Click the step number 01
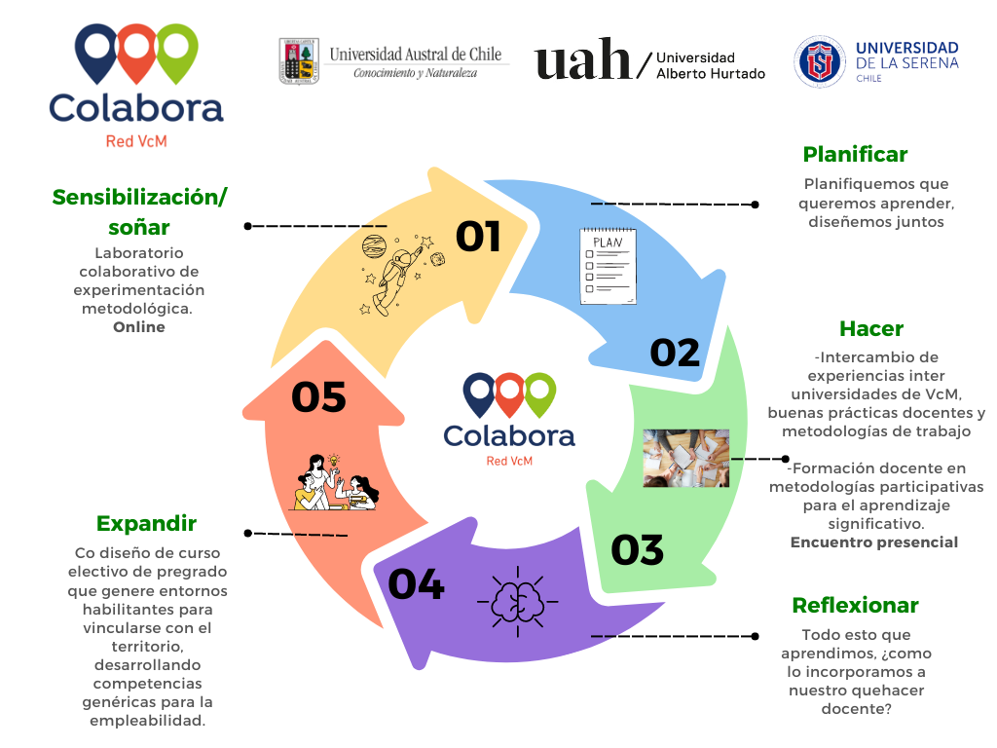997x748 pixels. (x=478, y=236)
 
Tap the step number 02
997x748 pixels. (x=675, y=353)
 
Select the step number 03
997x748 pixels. (x=638, y=550)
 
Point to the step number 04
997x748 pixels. (x=416, y=584)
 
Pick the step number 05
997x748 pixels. (x=318, y=397)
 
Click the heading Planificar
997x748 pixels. (x=855, y=154)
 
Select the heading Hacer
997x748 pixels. (x=871, y=328)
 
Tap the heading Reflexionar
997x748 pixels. (x=855, y=605)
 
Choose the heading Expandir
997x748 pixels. (x=146, y=523)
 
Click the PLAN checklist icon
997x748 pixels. (x=609, y=266)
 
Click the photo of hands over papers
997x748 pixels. (x=686, y=458)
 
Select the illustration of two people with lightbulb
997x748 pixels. (x=336, y=481)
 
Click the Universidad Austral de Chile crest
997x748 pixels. (x=298, y=61)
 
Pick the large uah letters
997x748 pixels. (x=582, y=59)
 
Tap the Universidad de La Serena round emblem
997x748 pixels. (x=819, y=61)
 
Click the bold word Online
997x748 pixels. (x=139, y=327)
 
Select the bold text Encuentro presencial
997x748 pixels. (x=873, y=542)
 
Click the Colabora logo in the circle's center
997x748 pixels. (x=508, y=420)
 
